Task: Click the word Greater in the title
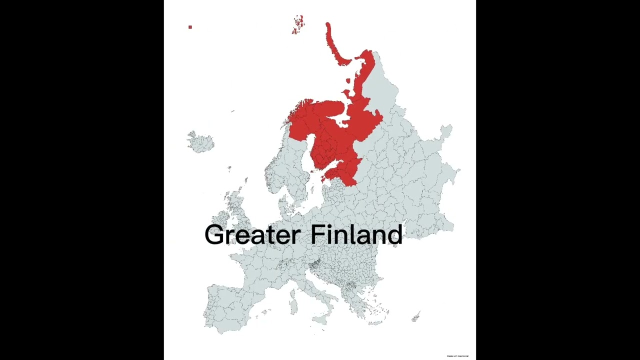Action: coord(252,235)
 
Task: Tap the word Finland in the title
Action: coord(356,234)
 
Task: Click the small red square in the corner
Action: coord(190,27)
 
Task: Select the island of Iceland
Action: coord(200,142)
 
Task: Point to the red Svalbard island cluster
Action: coord(298,24)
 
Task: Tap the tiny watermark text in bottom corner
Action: coord(457,356)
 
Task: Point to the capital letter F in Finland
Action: coord(317,234)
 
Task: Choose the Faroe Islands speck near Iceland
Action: coord(229,168)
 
